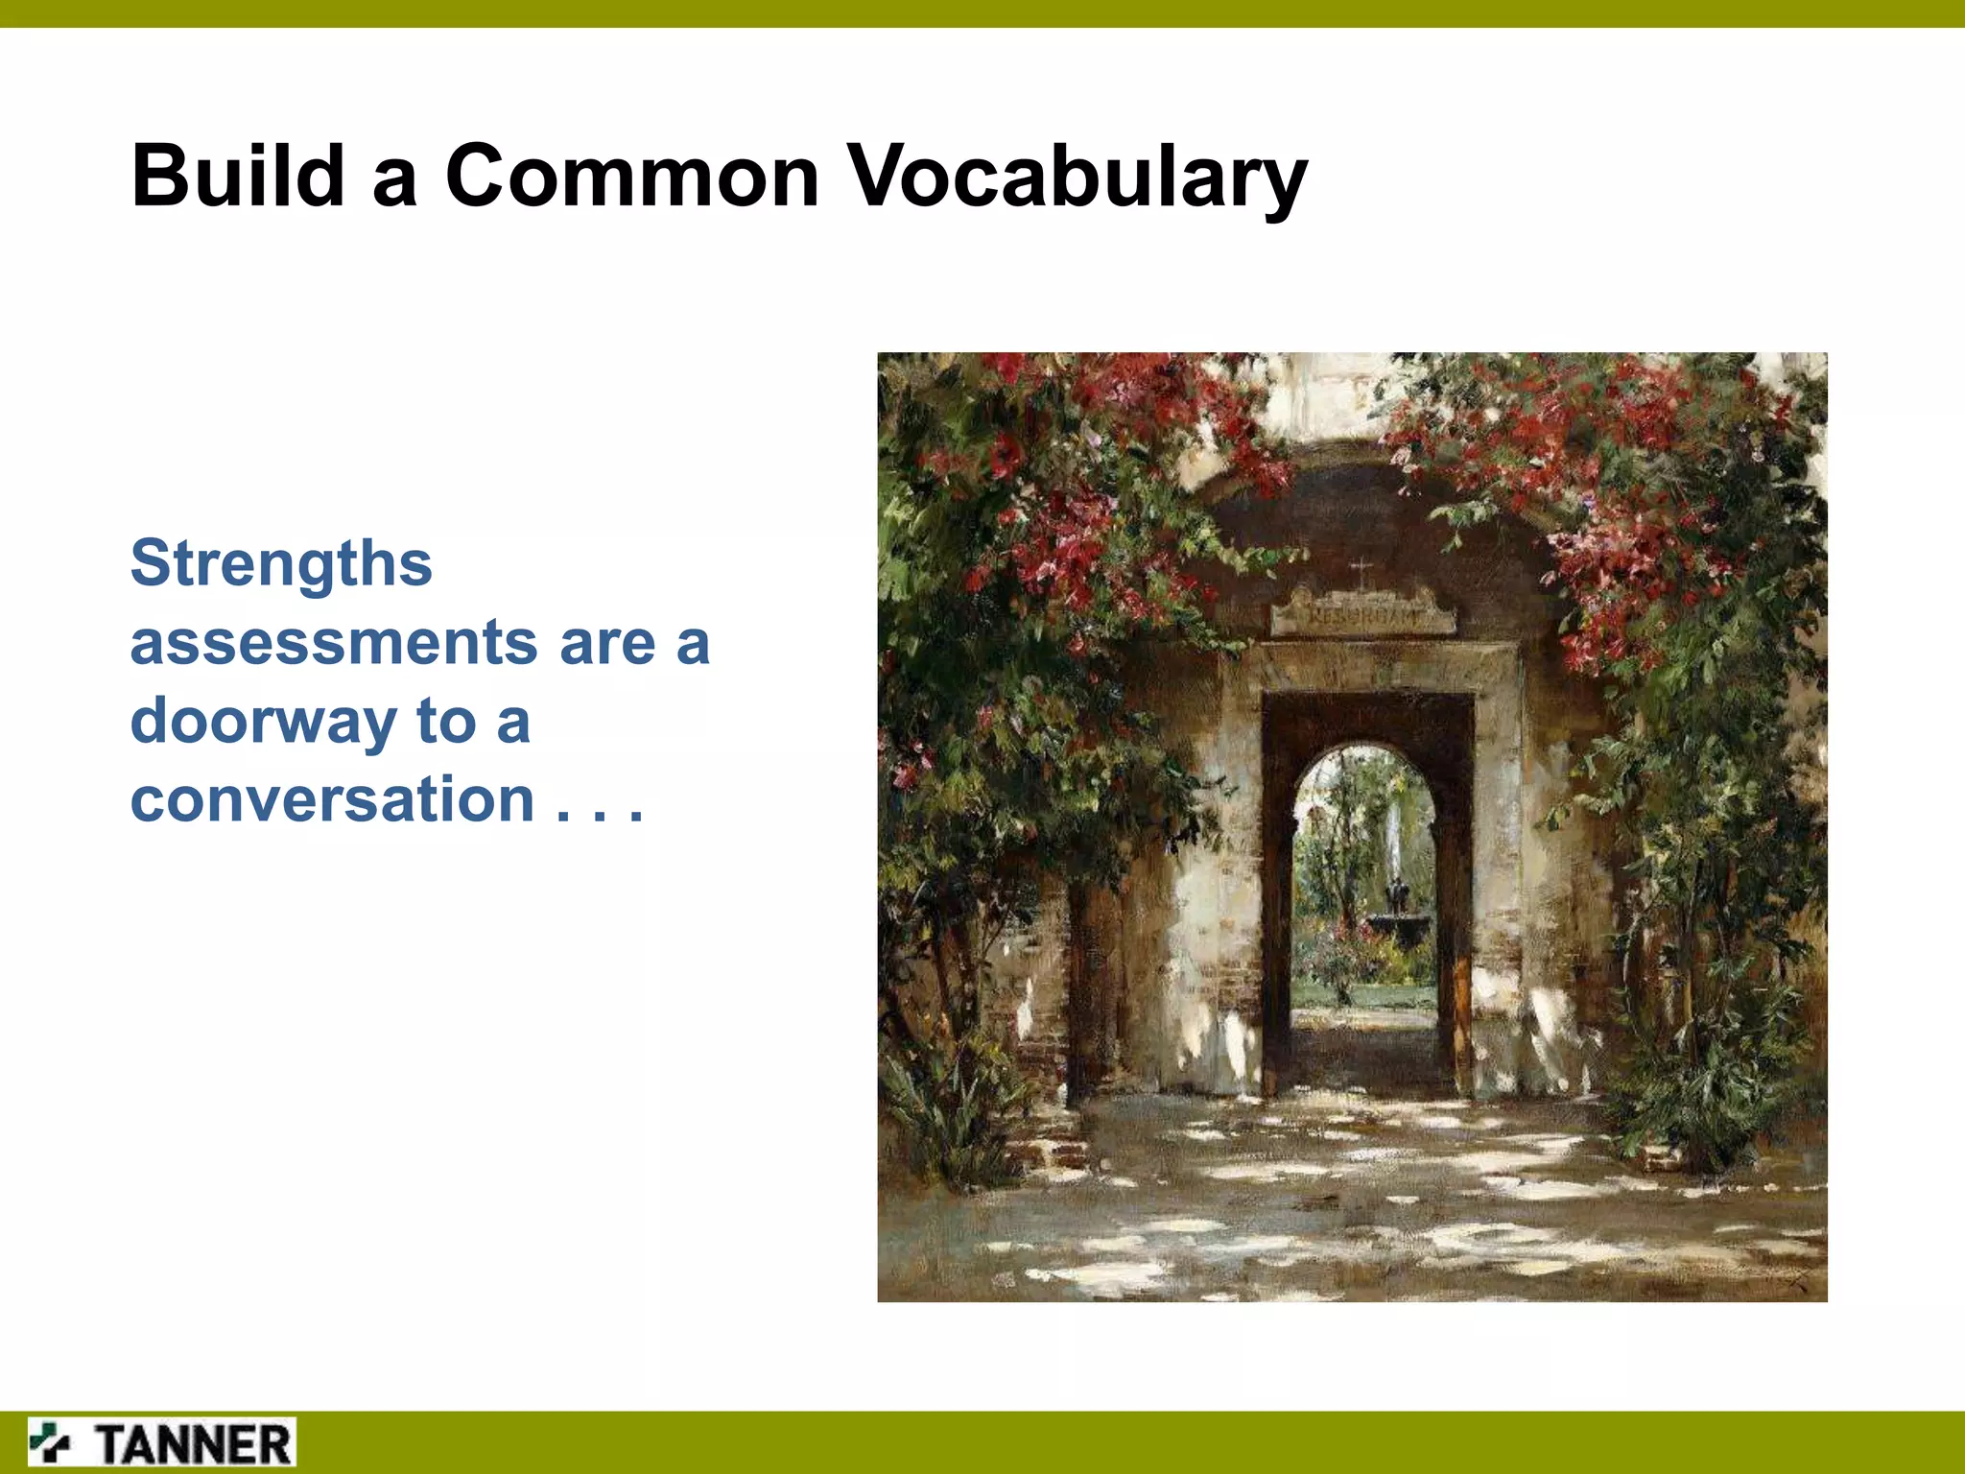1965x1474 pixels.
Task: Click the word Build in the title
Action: [237, 176]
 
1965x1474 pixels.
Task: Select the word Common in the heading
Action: [631, 176]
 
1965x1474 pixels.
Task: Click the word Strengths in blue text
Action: [281, 563]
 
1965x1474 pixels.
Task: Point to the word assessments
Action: [333, 642]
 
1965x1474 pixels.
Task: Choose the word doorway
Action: [262, 722]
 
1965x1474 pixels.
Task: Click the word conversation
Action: [332, 799]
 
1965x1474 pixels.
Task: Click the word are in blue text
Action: [607, 644]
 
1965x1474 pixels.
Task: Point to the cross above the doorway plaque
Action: [1361, 574]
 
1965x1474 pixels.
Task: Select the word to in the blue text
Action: [446, 722]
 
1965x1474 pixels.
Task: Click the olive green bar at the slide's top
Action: [982, 13]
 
